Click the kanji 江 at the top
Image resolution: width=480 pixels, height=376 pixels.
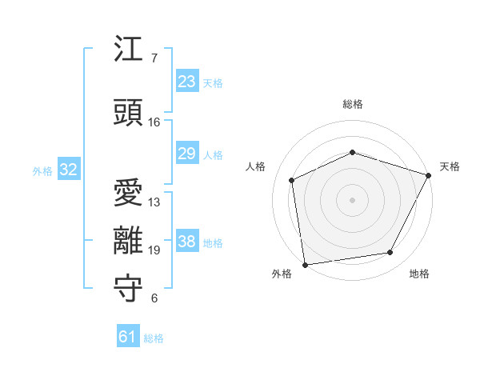tap(128, 50)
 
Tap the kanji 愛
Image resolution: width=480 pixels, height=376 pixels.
tap(128, 191)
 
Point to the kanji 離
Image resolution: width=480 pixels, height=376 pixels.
tap(128, 240)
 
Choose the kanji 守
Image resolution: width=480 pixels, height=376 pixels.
tap(128, 288)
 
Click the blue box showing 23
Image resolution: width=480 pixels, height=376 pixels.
tap(187, 82)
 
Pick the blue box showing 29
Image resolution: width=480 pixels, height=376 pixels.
tap(187, 154)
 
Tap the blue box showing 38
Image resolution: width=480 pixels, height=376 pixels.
tap(187, 242)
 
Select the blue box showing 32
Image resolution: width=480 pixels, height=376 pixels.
tap(68, 170)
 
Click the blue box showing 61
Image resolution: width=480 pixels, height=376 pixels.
tap(128, 337)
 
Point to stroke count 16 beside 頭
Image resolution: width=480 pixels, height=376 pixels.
tap(154, 122)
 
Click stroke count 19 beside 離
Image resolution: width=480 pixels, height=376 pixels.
tap(154, 250)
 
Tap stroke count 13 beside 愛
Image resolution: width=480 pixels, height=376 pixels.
tap(154, 202)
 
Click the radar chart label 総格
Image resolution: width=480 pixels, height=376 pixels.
tap(353, 104)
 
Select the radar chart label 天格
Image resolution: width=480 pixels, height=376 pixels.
tap(450, 166)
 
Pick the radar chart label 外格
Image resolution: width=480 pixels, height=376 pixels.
tap(282, 274)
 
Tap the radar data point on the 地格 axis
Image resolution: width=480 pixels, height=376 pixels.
tap(390, 253)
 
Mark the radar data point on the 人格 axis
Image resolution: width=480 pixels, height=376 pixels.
tap(292, 181)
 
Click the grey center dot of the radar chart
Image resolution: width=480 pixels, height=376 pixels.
tap(353, 199)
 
